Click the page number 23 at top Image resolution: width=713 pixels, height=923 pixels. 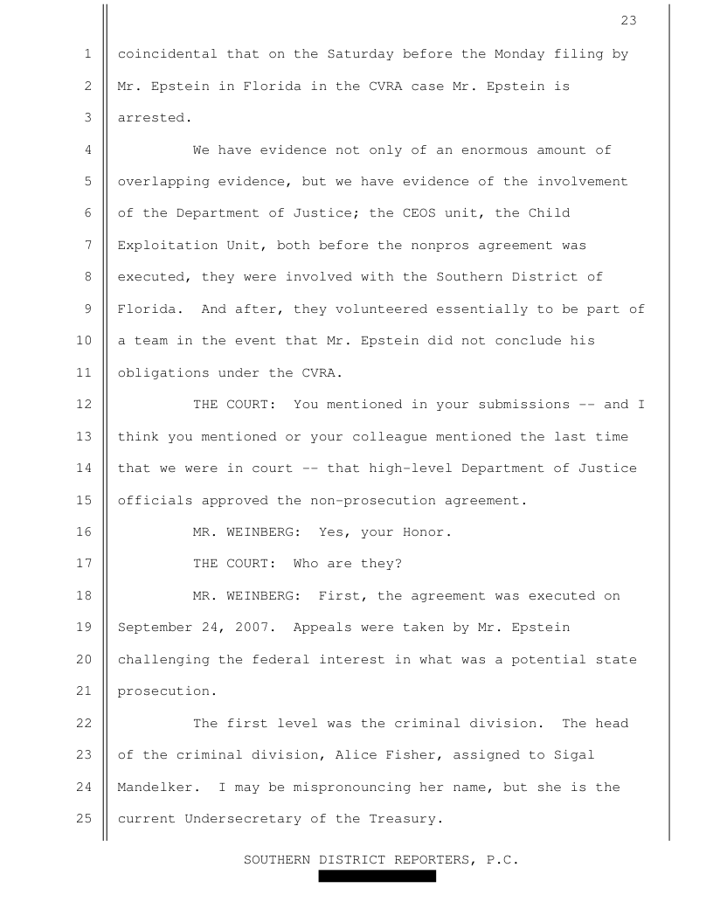point(629,21)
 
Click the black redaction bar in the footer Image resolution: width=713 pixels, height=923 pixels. point(377,876)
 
